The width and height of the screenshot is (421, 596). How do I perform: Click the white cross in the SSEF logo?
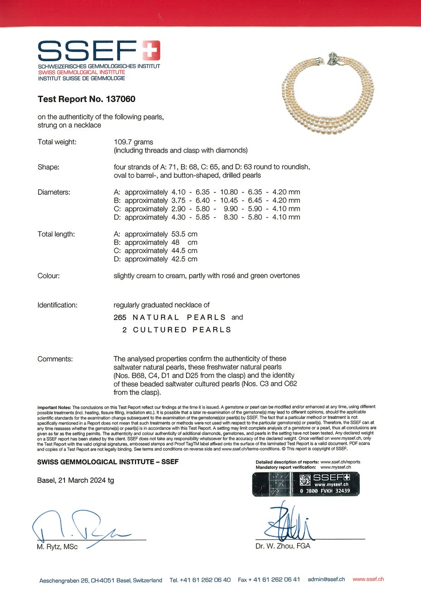click(x=151, y=50)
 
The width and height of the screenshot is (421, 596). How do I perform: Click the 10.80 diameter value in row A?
click(x=229, y=192)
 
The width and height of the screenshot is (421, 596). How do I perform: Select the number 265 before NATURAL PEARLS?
click(x=120, y=317)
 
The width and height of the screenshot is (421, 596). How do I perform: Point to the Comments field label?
click(x=55, y=359)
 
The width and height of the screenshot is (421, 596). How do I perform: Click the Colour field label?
click(x=49, y=276)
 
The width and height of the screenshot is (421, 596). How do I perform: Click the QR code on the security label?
click(x=305, y=479)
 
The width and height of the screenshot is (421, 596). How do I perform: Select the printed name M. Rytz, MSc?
click(x=57, y=547)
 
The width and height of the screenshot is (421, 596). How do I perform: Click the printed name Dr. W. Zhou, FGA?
click(x=283, y=546)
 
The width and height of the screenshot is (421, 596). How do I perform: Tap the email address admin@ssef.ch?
click(x=326, y=580)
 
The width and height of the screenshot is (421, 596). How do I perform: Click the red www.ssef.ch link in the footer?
click(x=368, y=579)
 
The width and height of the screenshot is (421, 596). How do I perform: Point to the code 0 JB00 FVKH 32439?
click(x=325, y=491)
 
